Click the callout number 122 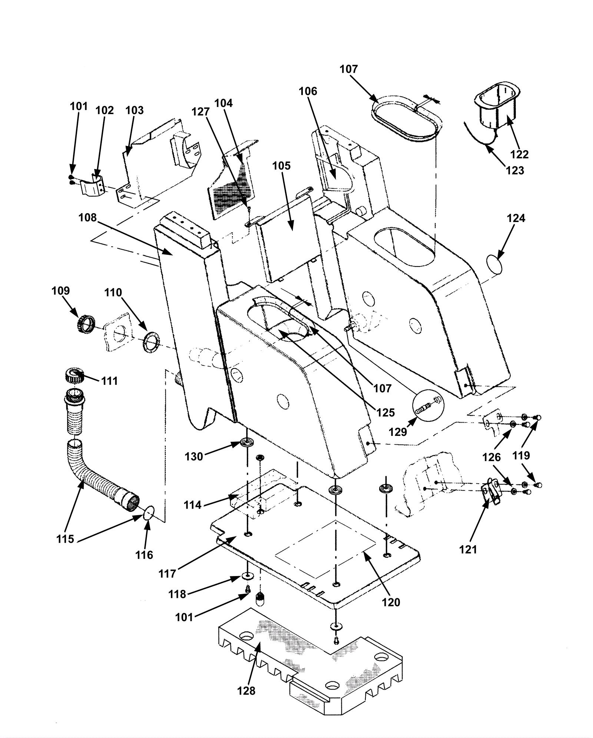(519, 154)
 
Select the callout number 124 (516, 218)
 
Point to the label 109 (60, 291)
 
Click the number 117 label (167, 574)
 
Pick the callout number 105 (281, 166)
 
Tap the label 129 (398, 432)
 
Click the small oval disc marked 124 (494, 264)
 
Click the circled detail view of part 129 (428, 405)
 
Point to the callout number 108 (87, 218)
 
